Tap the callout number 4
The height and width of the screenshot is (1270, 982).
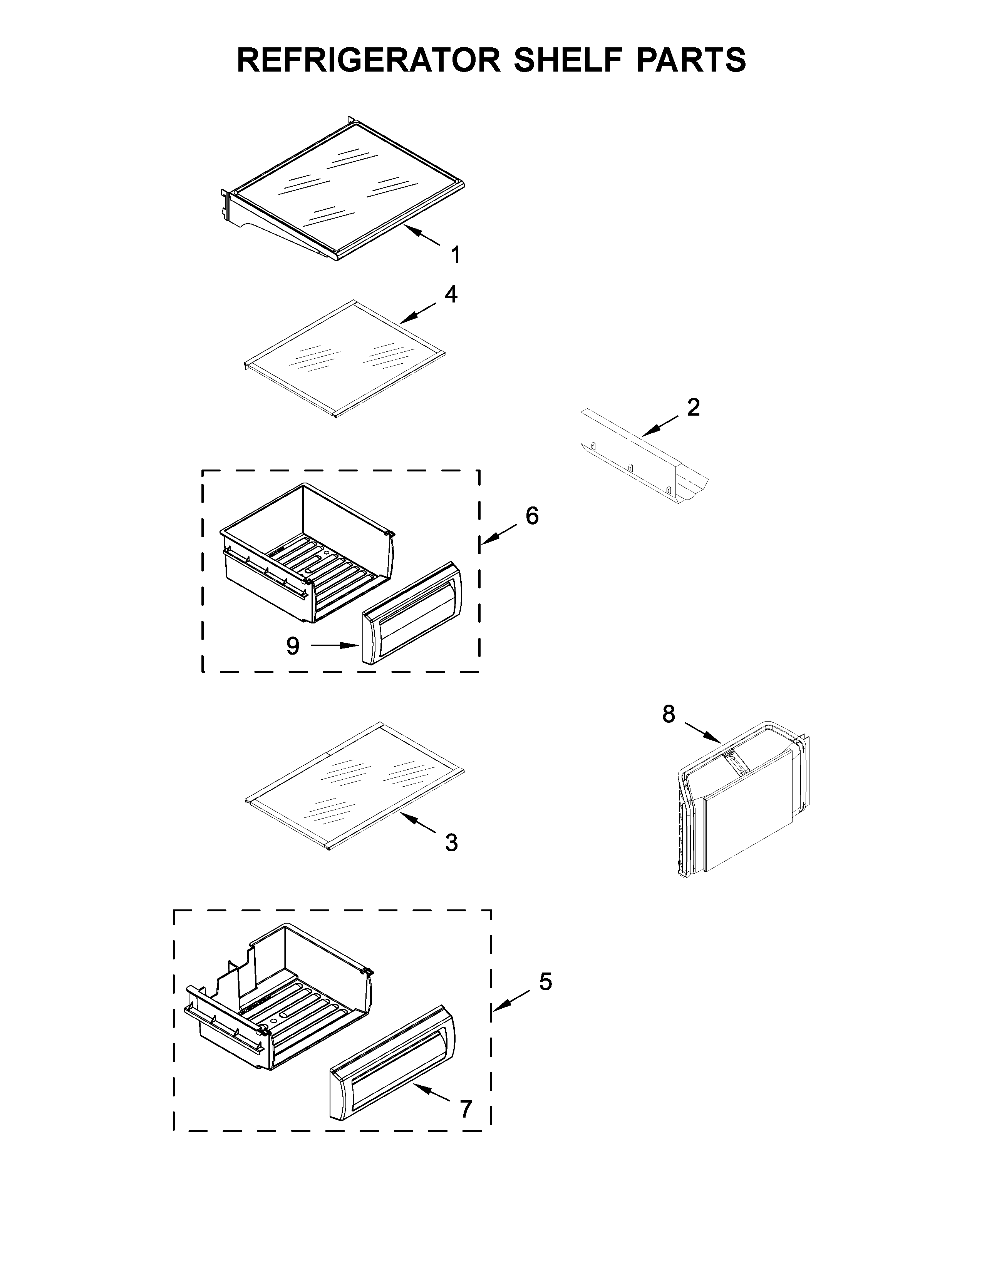coord(451,294)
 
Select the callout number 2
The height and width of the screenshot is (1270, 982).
coord(693,408)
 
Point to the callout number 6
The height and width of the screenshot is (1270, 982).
coord(532,516)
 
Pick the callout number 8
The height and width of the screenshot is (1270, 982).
coord(669,714)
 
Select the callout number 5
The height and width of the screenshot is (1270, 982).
coord(545,982)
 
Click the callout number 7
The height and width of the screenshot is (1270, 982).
coord(466,1110)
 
